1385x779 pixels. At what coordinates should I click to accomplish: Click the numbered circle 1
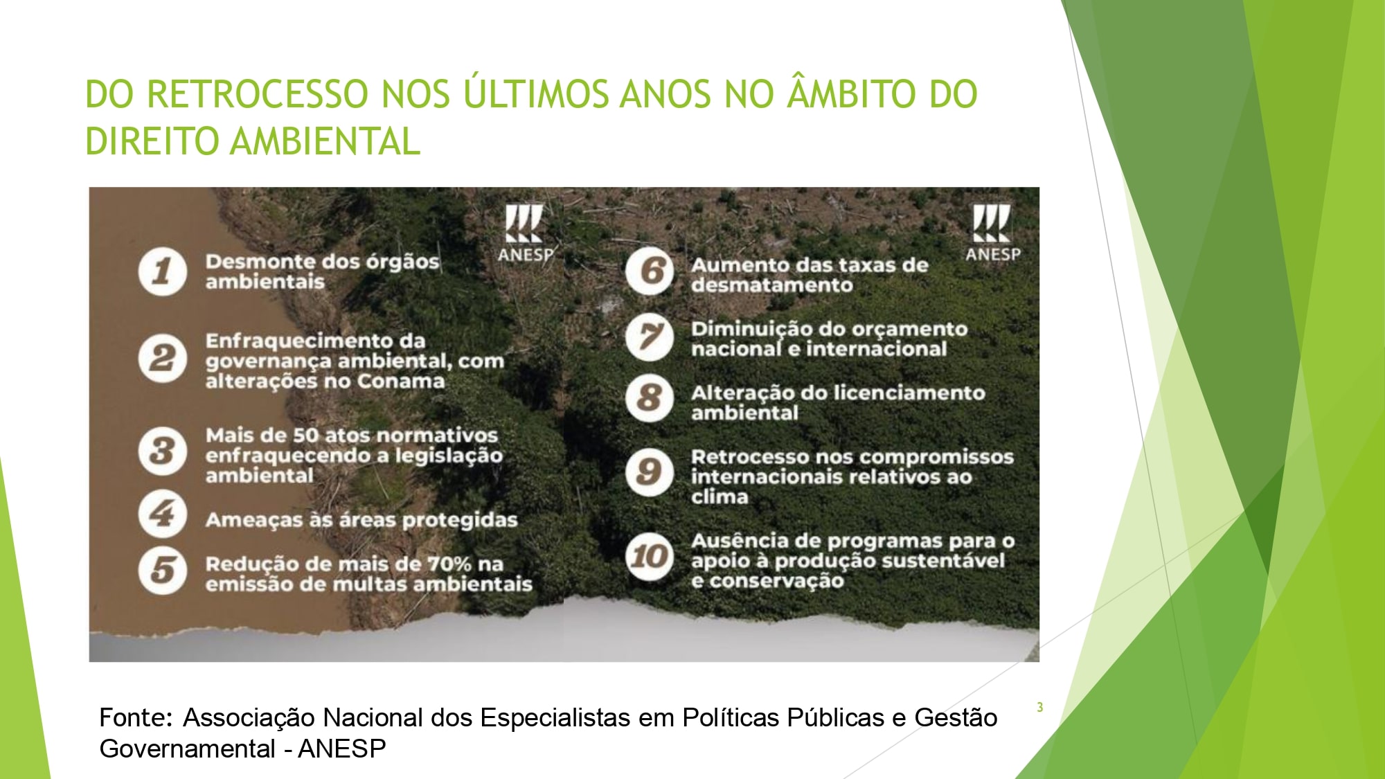(x=162, y=271)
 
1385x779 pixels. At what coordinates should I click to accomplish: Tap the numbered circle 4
(x=162, y=514)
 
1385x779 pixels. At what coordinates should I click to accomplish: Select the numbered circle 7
(x=649, y=337)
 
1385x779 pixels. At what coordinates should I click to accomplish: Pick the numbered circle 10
(x=649, y=556)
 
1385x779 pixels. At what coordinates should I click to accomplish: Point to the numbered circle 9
(x=649, y=472)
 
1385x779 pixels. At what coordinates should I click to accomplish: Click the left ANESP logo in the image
(x=526, y=233)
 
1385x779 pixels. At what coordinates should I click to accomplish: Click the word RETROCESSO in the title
(x=258, y=94)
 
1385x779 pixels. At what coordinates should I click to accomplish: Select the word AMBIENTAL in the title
(x=325, y=141)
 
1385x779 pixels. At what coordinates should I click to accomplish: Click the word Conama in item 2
(x=401, y=382)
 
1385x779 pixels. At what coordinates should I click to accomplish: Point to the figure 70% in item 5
(x=449, y=564)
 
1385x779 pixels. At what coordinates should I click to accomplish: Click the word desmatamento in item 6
(x=772, y=285)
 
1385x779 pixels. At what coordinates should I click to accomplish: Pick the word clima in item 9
(x=720, y=496)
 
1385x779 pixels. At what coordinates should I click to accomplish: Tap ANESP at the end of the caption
(x=342, y=749)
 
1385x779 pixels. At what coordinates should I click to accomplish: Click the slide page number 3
(x=1039, y=707)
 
